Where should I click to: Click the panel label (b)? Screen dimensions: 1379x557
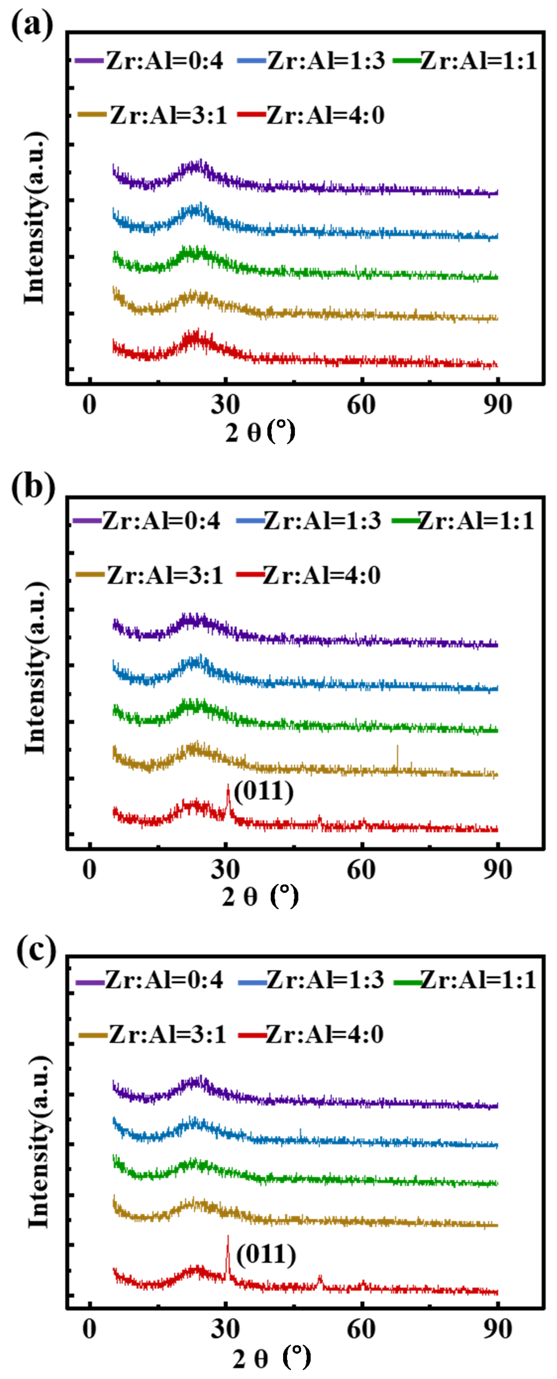[33, 487]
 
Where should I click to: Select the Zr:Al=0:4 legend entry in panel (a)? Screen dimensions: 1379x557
[150, 60]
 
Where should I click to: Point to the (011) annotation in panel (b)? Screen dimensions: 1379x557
[264, 791]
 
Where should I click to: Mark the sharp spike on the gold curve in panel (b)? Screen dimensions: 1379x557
[397, 748]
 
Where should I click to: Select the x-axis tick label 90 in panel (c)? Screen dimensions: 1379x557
[497, 1329]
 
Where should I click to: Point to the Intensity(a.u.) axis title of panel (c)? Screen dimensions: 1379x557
[37, 1142]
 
